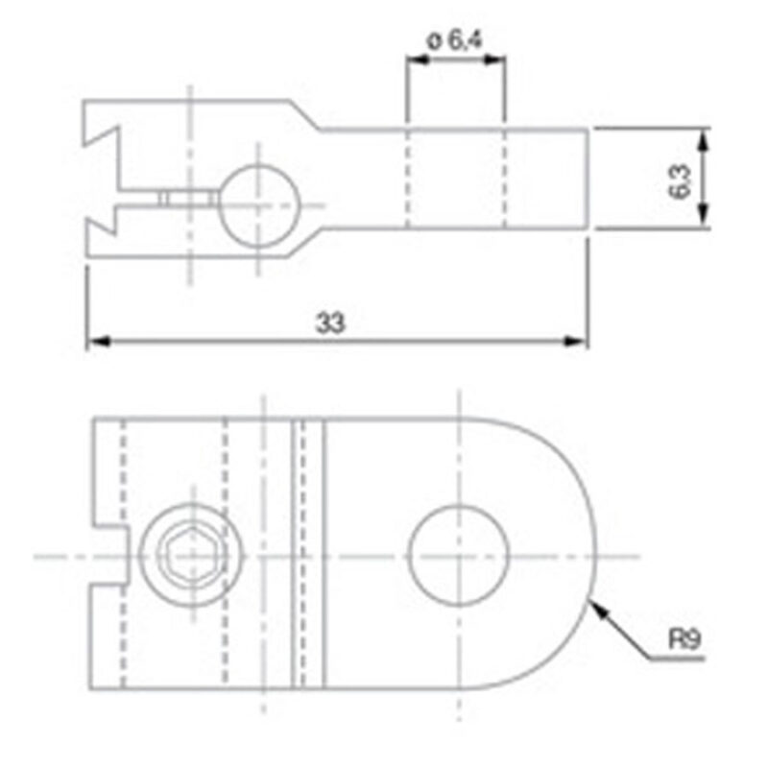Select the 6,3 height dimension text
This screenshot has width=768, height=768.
679,180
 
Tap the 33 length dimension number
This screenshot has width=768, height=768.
331,324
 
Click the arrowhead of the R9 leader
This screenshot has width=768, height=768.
594,603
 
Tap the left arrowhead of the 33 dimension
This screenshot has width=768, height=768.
94,341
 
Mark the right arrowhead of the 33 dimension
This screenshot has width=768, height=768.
580,341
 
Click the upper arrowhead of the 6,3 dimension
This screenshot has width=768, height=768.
705,140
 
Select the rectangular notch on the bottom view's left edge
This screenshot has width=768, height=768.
109,556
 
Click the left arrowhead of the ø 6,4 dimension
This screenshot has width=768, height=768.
414,60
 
